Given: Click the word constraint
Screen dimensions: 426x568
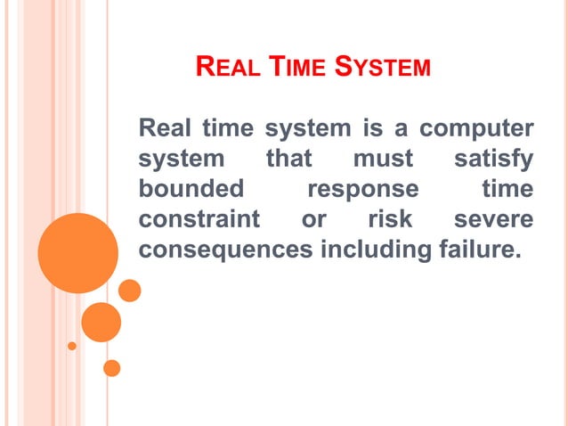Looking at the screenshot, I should (199, 219).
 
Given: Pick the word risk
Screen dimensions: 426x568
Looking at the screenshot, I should (390, 219).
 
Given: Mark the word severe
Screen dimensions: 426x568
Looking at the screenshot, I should (493, 219).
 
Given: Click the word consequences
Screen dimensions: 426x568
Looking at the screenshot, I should (226, 250).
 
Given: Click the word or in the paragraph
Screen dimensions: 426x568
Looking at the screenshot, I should (313, 219).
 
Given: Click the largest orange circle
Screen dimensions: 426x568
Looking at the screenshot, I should (78, 253).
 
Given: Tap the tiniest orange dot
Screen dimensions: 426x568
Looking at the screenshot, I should (72, 345).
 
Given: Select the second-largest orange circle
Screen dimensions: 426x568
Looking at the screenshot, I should (101, 322).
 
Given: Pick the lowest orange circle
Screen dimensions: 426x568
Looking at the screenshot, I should (112, 367).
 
